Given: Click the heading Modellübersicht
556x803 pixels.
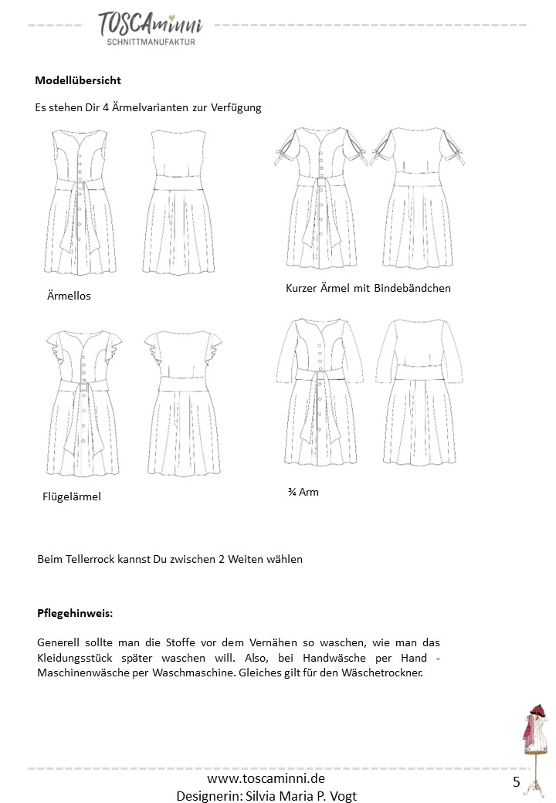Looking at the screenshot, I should pos(78,80).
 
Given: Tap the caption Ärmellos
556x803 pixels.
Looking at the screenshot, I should pos(69,296).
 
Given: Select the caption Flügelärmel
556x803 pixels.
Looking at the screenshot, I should pos(71,496).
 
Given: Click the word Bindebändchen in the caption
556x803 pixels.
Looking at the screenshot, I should pos(412,288).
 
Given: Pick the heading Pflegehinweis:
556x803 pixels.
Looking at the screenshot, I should pos(75,614).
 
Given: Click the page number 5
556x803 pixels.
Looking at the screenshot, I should pos(516,782).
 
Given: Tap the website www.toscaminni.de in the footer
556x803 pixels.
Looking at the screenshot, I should pos(266,780).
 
